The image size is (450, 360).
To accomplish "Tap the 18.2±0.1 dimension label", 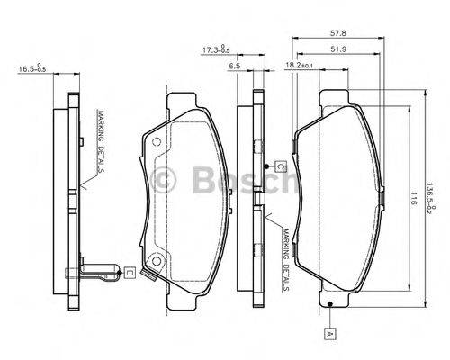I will click(x=300, y=66).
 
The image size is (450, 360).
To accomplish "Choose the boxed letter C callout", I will click(x=280, y=166).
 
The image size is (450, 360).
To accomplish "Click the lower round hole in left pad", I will click(x=157, y=262).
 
